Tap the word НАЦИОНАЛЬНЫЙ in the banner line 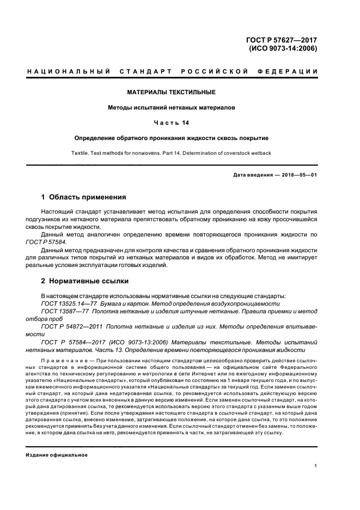69,72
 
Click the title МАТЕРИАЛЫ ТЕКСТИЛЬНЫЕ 171,92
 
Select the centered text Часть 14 171,123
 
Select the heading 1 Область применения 84,197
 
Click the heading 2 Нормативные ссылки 85,282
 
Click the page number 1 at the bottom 316,466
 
